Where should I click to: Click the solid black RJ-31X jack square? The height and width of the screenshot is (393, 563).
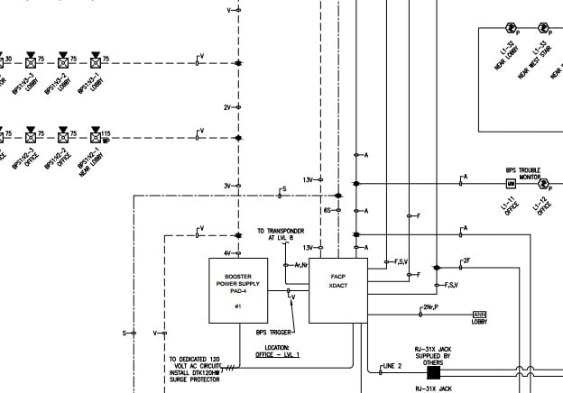click(433, 371)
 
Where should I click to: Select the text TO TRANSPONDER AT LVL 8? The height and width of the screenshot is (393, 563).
click(281, 234)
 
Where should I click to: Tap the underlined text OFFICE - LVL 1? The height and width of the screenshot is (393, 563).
click(278, 355)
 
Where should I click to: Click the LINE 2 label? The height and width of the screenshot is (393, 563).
click(392, 366)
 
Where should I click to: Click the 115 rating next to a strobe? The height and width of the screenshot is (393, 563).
click(106, 133)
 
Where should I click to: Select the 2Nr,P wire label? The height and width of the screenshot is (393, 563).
click(429, 307)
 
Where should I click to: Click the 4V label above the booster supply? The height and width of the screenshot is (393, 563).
click(227, 252)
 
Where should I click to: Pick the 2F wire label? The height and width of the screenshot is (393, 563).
click(466, 260)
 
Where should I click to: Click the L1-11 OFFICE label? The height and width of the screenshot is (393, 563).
click(512, 206)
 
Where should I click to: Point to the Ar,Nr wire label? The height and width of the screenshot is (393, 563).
click(302, 265)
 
